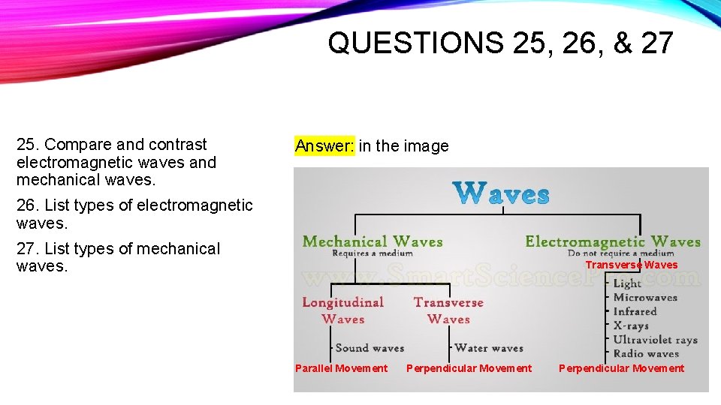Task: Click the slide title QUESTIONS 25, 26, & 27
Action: (500, 43)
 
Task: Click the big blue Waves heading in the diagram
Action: (502, 193)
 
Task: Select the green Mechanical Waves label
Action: (372, 241)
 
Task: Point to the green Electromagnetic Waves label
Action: (612, 241)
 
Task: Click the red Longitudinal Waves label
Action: (342, 310)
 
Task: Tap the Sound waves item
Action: (369, 348)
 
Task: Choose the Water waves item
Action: (488, 348)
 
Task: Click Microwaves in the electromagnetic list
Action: (645, 298)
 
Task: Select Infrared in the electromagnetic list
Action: (635, 311)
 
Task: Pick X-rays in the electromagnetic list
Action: (630, 325)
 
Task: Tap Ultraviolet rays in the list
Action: (655, 340)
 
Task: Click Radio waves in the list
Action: (646, 353)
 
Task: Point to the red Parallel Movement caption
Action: (341, 368)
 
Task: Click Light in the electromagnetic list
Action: (627, 283)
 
